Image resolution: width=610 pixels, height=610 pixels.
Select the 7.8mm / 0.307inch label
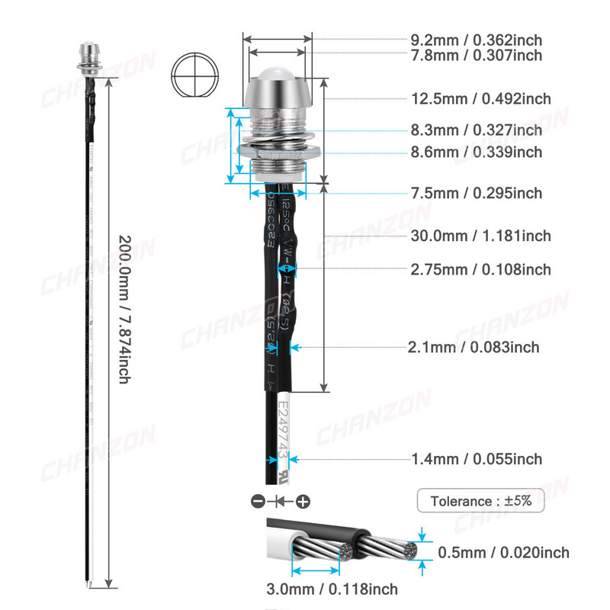click(477, 55)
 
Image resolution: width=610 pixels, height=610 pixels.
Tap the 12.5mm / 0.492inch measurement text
click(480, 99)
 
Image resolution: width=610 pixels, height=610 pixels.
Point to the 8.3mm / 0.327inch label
click(477, 130)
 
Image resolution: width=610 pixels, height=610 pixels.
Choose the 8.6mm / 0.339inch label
click(477, 152)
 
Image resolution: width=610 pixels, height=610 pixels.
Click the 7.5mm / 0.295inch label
click(477, 193)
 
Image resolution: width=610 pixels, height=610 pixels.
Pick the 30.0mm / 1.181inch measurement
click(480, 236)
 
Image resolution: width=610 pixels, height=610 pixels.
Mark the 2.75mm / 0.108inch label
click(480, 269)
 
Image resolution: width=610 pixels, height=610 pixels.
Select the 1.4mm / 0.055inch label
click(477, 459)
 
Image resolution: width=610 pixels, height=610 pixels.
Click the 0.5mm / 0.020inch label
click(503, 553)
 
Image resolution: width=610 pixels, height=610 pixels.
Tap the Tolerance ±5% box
click(480, 502)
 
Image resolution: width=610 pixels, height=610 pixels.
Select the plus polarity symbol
click(303, 502)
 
